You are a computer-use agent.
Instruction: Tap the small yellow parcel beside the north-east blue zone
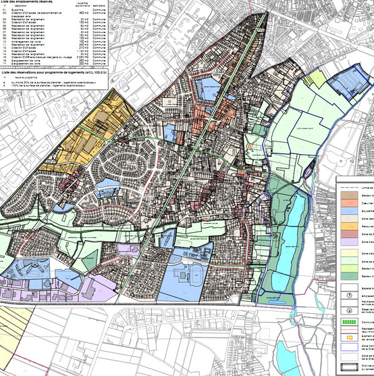tap(315, 78)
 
